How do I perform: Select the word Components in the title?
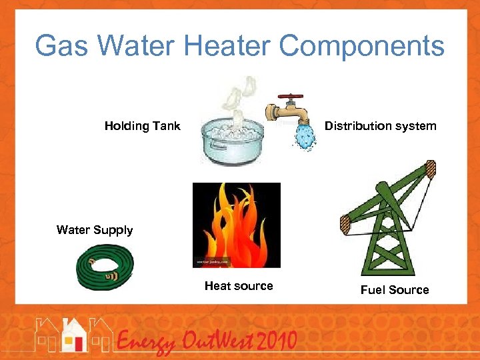click(x=361, y=47)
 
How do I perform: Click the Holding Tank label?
click(x=142, y=126)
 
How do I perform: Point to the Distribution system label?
click(x=380, y=126)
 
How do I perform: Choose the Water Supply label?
click(x=95, y=230)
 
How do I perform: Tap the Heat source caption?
click(x=239, y=286)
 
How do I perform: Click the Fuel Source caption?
click(x=395, y=290)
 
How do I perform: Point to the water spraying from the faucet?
click(x=307, y=136)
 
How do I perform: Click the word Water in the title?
click(x=141, y=47)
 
